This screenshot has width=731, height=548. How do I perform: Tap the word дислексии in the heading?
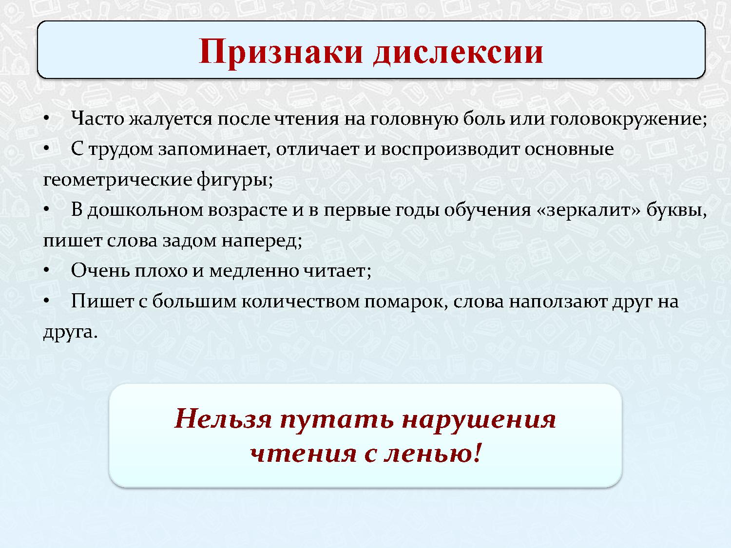pos(458,51)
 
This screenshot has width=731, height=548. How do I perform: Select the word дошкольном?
pos(146,210)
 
